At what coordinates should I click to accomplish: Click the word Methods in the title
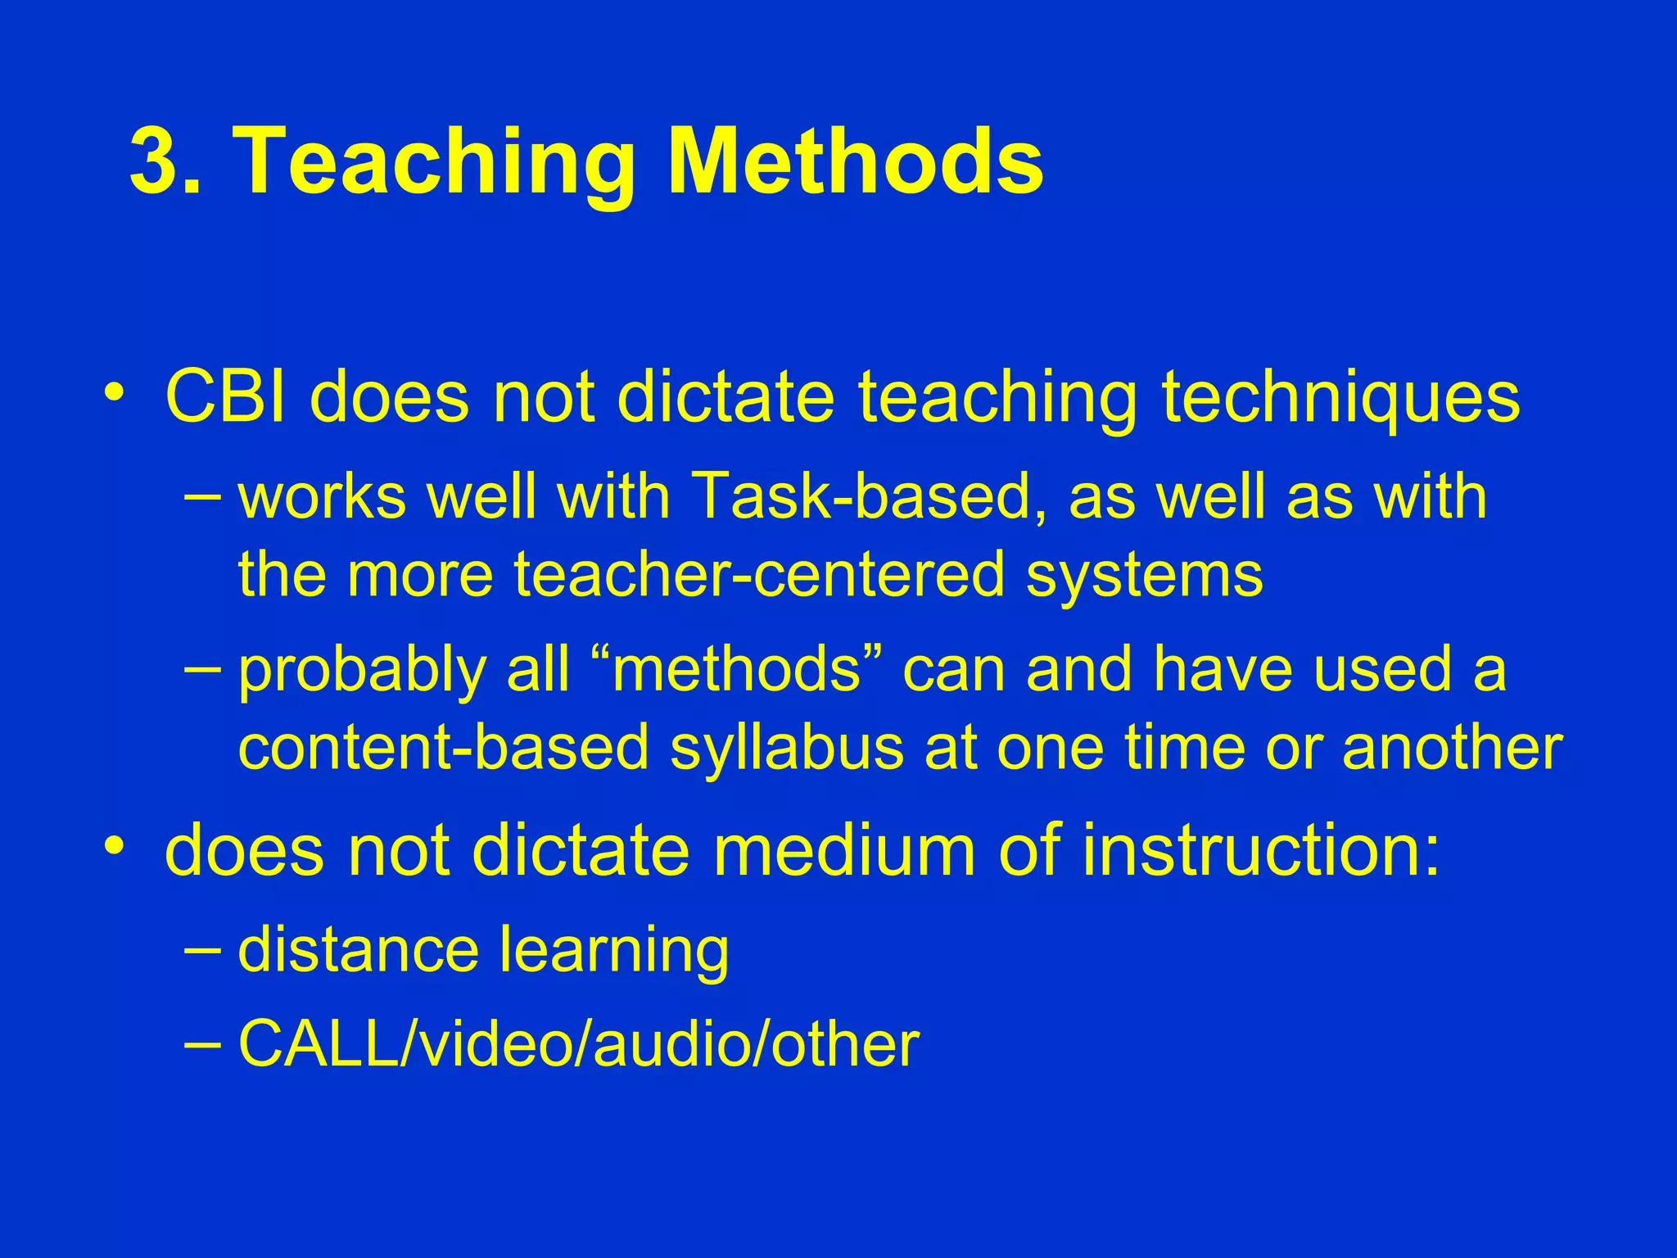point(856,161)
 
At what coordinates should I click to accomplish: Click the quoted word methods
point(737,668)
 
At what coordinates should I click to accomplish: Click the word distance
point(358,949)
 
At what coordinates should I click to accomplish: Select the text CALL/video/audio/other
point(578,1044)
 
